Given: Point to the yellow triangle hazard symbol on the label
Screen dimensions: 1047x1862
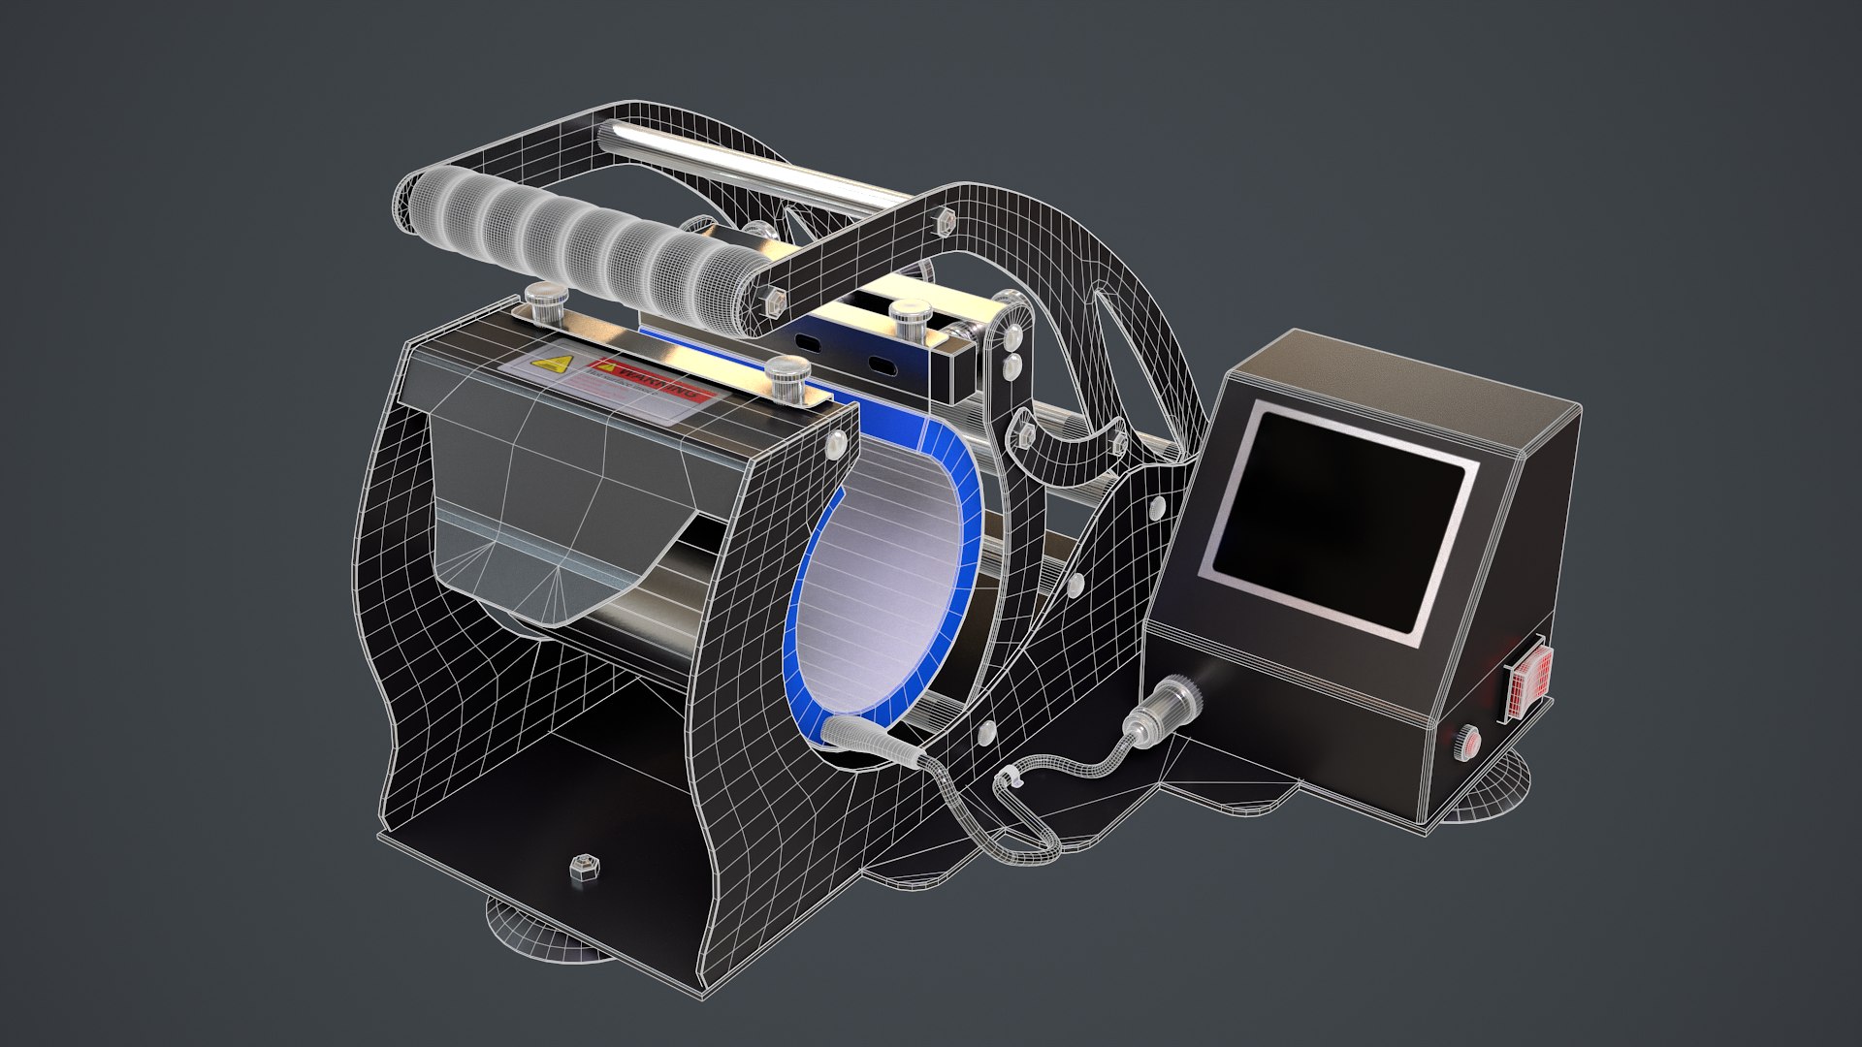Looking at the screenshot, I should [554, 365].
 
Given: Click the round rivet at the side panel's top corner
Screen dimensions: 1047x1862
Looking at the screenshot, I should [833, 443].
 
